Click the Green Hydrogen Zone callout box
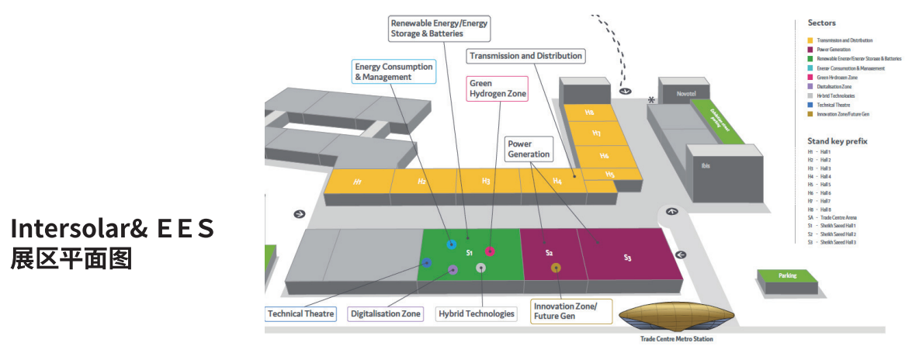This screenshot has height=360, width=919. (498, 88)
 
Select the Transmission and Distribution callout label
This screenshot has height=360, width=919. (526, 56)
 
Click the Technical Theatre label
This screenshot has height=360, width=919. (300, 314)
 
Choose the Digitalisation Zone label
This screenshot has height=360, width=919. (386, 314)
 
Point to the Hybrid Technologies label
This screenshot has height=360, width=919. (476, 314)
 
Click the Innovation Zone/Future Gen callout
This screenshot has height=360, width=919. (571, 311)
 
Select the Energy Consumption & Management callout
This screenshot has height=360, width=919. (394, 72)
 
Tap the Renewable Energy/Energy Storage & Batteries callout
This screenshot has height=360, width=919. (439, 29)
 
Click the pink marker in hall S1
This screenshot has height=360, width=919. (490, 251)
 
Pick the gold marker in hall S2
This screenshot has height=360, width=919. (556, 268)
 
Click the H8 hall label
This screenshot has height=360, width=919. (590, 112)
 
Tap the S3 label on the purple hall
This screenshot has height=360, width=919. (627, 256)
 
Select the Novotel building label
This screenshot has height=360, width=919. (685, 93)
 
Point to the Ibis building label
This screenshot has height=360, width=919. (706, 165)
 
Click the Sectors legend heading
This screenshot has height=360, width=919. (821, 23)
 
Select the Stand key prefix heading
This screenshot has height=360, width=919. (837, 141)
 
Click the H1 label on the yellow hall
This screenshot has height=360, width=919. (358, 182)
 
